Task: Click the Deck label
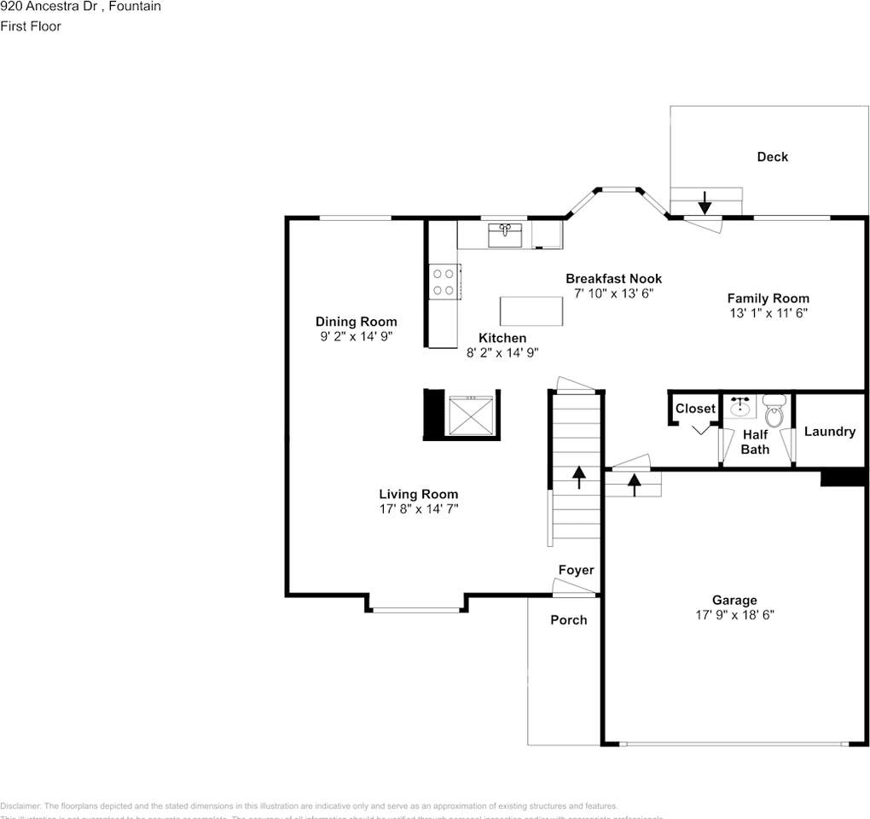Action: point(772,157)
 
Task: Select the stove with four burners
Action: point(444,282)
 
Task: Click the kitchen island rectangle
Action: point(532,311)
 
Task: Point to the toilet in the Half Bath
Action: point(774,411)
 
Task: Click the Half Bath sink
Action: point(739,406)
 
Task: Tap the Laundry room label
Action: point(829,432)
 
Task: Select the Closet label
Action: point(695,409)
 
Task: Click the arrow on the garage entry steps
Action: point(634,484)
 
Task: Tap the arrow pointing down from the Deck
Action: point(705,203)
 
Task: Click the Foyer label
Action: point(576,570)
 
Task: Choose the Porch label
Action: point(568,620)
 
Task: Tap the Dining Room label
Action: point(356,322)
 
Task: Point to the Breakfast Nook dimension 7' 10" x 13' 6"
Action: point(613,293)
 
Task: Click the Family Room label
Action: point(768,299)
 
